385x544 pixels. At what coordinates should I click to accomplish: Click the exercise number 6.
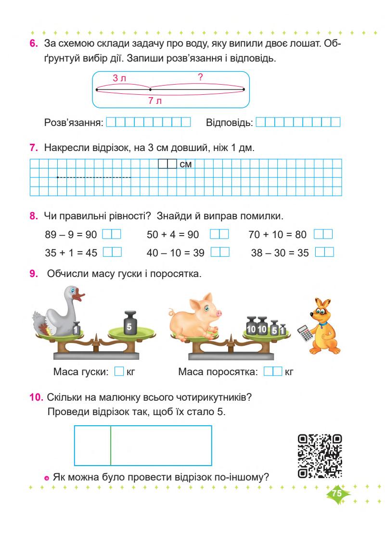point(34,44)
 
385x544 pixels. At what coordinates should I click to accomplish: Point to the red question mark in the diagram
point(200,76)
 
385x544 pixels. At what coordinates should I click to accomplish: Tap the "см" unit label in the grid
point(185,164)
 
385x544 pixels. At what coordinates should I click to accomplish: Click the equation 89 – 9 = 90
point(70,235)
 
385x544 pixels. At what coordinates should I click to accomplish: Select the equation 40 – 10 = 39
point(176,253)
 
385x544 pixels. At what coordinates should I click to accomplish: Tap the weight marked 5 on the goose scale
point(128,324)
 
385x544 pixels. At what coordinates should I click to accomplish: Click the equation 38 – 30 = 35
point(280,253)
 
